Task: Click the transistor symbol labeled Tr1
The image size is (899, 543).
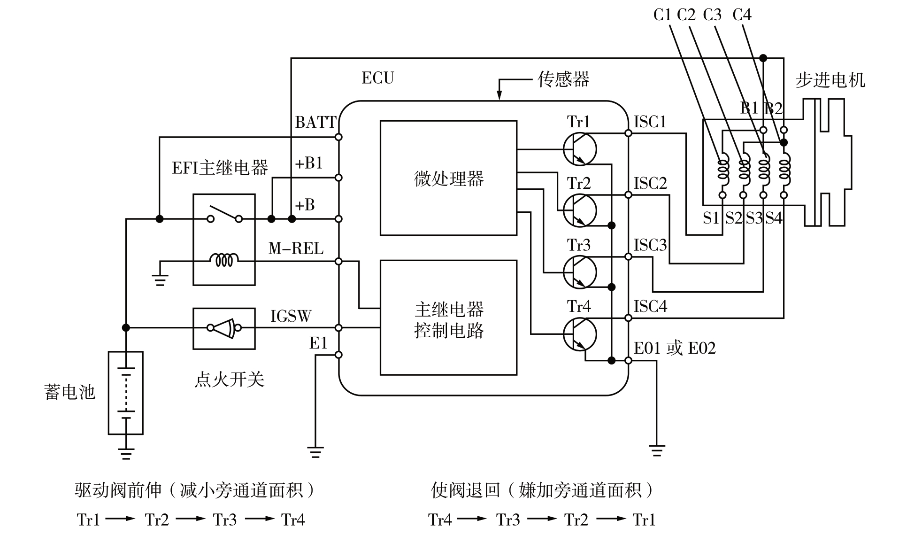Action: pos(580,149)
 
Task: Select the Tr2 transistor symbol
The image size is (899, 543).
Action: pos(580,210)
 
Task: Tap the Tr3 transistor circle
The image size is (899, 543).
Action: pos(580,272)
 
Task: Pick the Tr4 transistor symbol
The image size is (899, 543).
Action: pos(580,334)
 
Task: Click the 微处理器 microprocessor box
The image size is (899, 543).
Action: pos(448,178)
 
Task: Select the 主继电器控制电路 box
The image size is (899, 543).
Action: pos(448,318)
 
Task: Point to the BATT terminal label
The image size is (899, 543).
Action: pos(315,122)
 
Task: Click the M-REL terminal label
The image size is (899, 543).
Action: pos(296,248)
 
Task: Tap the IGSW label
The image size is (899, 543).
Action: pos(291,316)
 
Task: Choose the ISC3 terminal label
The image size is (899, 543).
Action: pos(650,245)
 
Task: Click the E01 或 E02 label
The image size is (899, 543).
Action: pos(675,348)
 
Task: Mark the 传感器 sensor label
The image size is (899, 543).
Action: pos(563,79)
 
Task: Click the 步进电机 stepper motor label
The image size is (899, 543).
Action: pos(830,80)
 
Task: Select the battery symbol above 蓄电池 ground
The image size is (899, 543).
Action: pos(126,393)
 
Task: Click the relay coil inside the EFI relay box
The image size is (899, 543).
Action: pos(224,259)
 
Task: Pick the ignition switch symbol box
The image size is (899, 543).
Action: pos(224,328)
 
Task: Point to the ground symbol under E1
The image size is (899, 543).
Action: pos(315,452)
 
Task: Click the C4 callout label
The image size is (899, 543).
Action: pos(742,15)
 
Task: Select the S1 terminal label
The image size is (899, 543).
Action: pos(711,218)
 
